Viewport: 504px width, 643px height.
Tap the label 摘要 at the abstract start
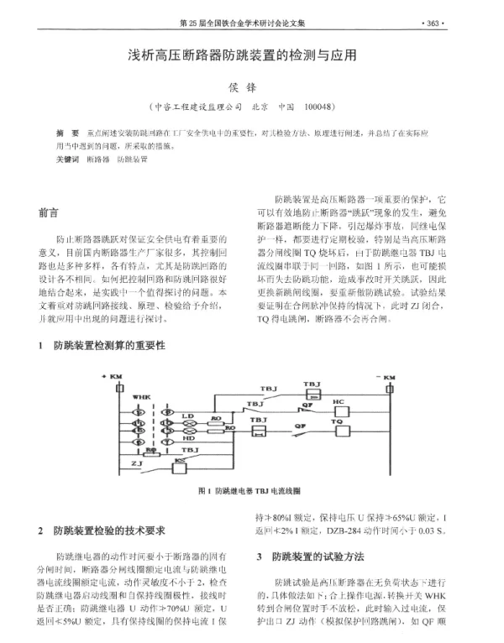point(67,133)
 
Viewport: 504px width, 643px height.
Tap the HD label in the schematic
point(190,437)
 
